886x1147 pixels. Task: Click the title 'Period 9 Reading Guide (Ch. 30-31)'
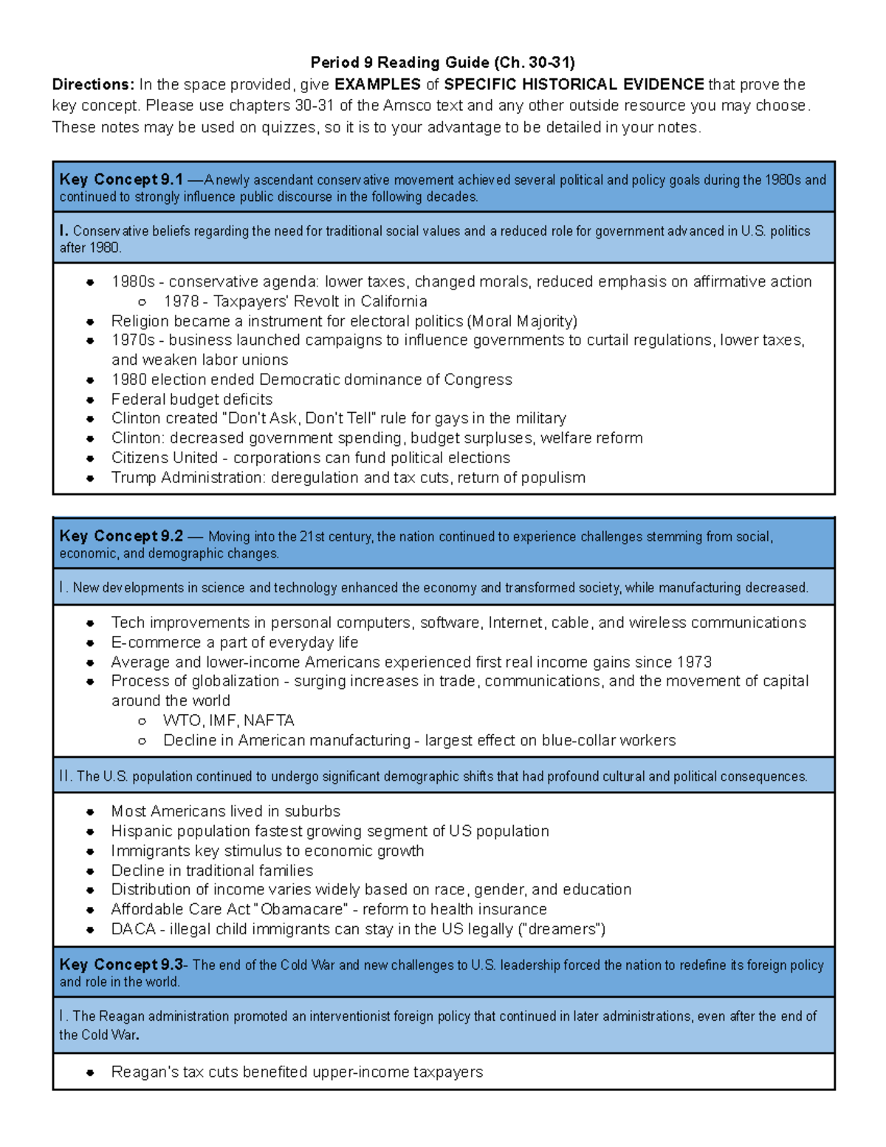[442, 62]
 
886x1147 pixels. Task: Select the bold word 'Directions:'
[93, 84]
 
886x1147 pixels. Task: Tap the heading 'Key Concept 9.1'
[121, 179]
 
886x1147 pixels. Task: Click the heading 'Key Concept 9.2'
[121, 536]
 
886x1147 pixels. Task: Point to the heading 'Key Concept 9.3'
[121, 965]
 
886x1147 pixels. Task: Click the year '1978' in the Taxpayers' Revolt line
[181, 301]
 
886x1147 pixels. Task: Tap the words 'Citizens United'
[164, 458]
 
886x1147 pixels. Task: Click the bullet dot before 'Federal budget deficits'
[90, 400]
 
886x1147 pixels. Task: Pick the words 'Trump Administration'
[187, 478]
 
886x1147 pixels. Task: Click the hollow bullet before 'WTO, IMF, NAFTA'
[142, 721]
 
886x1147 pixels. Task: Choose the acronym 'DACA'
[133, 929]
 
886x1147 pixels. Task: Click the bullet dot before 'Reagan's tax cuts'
[90, 1072]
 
